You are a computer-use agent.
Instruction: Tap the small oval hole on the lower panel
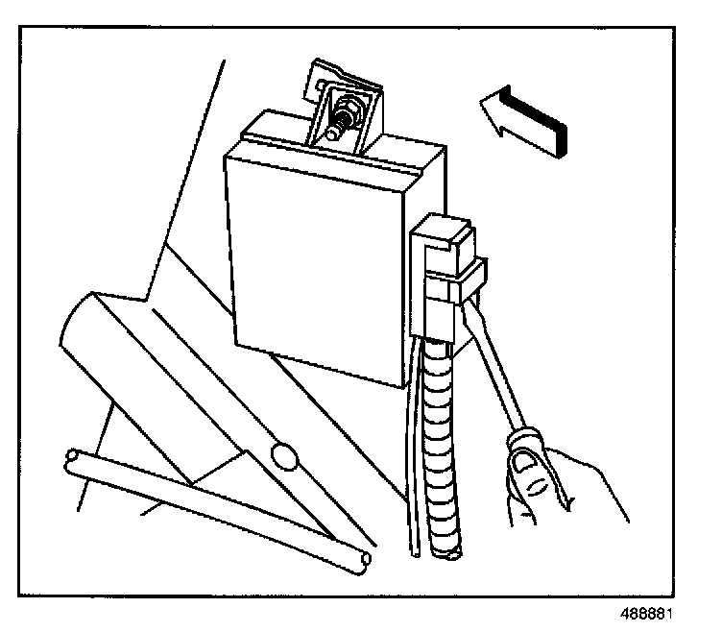tap(283, 453)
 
